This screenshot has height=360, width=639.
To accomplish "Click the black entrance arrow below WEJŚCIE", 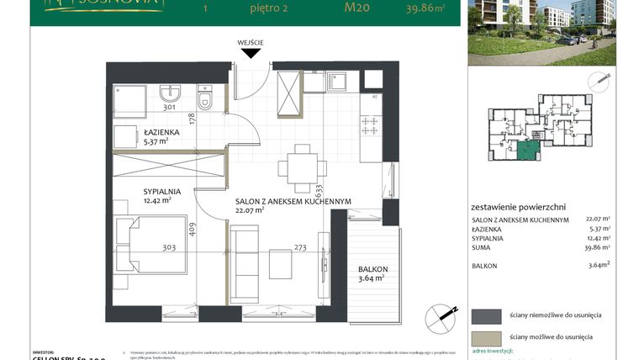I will [x=251, y=53].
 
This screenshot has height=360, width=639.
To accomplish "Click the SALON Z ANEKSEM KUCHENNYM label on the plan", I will [x=293, y=201].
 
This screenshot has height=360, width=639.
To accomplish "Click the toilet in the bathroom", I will [x=206, y=98].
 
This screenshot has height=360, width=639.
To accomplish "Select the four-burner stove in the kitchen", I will [x=369, y=125].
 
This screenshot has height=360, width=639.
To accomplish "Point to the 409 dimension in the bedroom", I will [x=193, y=229].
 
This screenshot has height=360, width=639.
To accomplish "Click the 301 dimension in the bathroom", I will [x=168, y=107].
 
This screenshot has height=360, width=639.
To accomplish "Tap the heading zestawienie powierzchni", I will [x=518, y=206].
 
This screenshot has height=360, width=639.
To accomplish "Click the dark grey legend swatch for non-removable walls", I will [x=486, y=315].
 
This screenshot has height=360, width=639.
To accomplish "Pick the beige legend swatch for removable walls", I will [x=486, y=336].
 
